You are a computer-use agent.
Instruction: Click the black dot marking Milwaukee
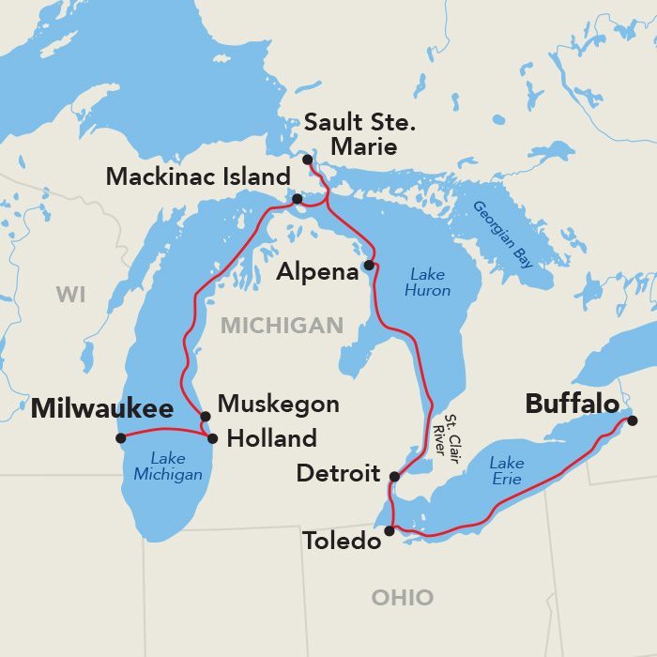point(120,438)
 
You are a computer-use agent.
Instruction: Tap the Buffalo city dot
point(633,420)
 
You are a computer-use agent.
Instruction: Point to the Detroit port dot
point(394,477)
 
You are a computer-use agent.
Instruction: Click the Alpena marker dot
point(369,266)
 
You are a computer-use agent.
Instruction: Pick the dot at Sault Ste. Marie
point(308,160)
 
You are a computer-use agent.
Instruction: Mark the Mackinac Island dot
point(298,199)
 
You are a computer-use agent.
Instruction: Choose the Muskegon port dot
point(205,417)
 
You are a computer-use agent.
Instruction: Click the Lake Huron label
point(428,283)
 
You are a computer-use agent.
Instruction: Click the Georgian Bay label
point(503,235)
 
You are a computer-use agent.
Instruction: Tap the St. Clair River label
point(444,435)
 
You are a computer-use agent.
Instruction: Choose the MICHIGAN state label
point(282,326)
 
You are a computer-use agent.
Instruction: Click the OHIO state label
point(403,598)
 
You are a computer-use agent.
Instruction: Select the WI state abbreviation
point(70,295)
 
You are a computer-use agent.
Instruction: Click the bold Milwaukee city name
point(102,408)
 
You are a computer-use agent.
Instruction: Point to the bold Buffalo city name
point(572,404)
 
